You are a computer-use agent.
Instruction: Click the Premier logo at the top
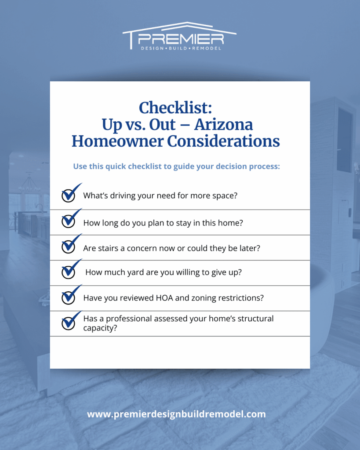point(180,36)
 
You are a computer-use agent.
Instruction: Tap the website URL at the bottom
point(176,414)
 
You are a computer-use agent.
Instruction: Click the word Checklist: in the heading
point(175,108)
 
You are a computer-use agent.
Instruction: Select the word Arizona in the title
point(224,125)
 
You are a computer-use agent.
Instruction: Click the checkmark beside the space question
point(69,194)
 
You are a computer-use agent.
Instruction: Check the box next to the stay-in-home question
point(69,221)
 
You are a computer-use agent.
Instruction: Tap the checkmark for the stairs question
point(69,246)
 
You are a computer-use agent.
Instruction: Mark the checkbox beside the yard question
point(69,272)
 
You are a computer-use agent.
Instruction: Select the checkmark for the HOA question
point(69,297)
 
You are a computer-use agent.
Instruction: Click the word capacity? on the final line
point(100,328)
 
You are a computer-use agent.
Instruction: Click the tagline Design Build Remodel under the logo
point(181,48)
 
